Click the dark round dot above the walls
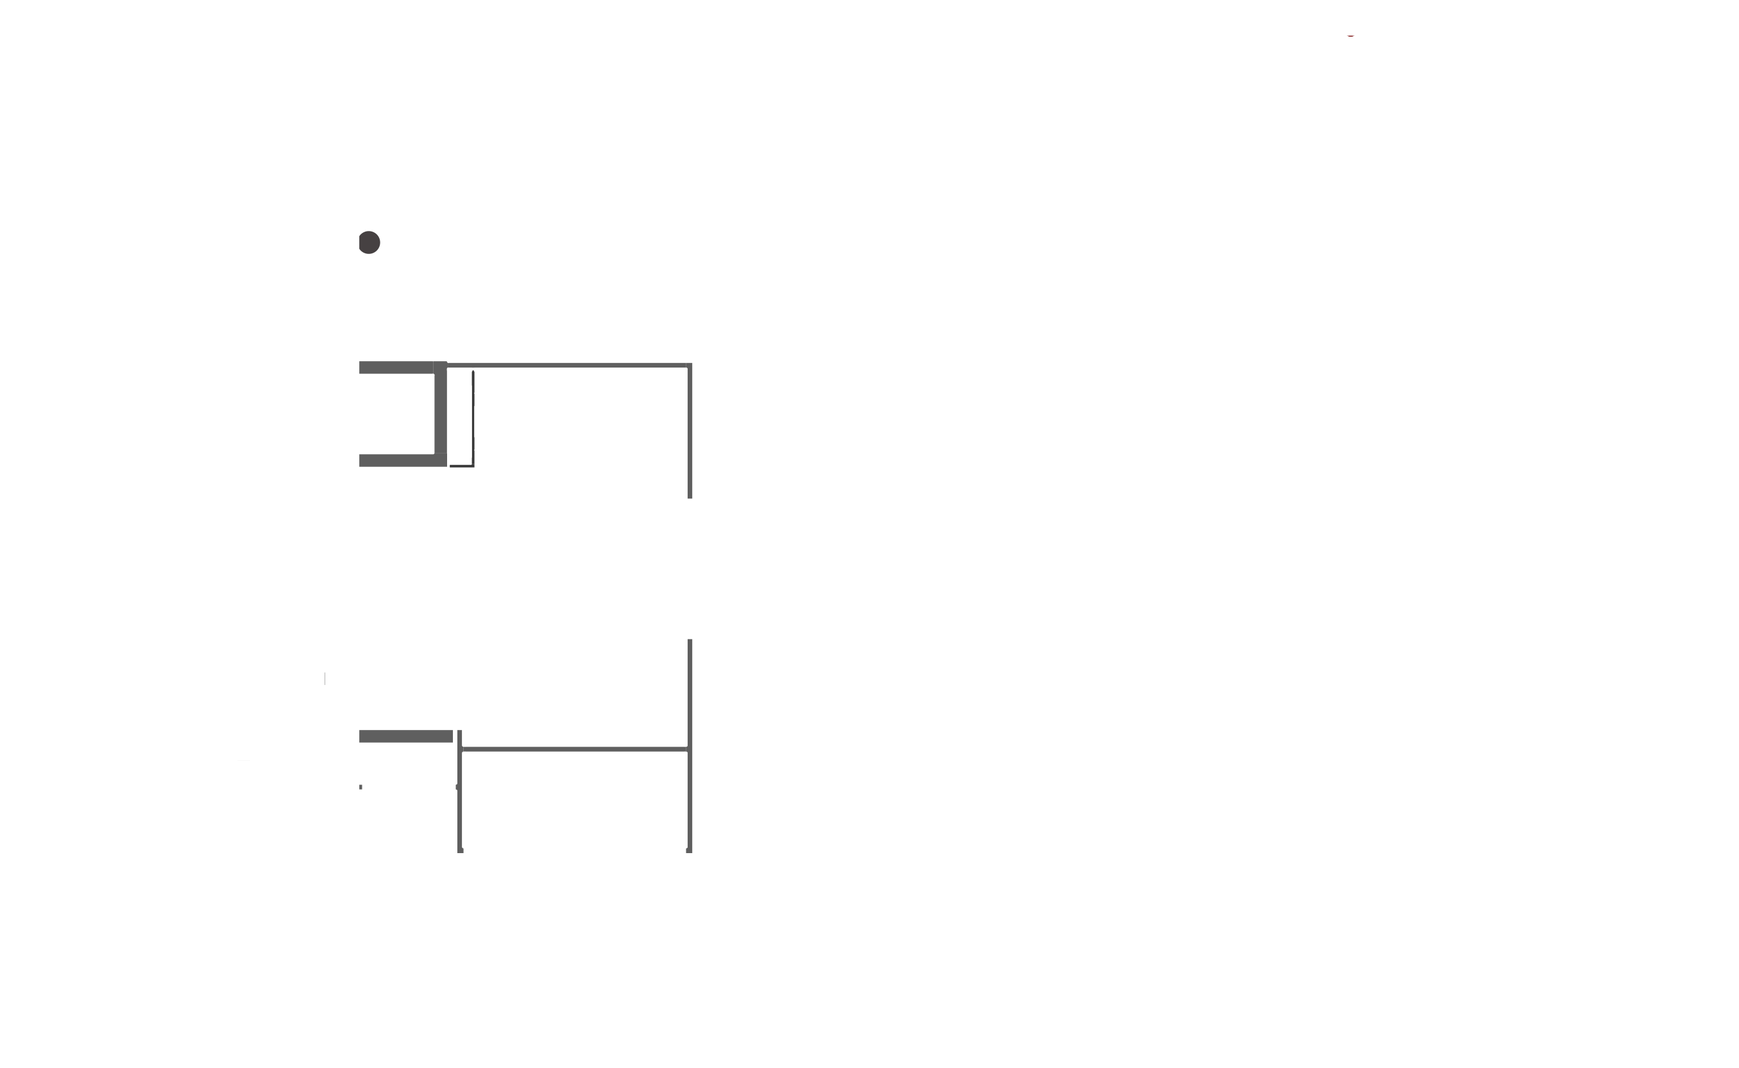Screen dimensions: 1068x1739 point(369,242)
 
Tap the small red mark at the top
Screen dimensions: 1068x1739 point(1350,35)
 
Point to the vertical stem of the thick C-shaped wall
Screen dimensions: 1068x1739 point(441,414)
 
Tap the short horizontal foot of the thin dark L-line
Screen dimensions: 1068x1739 point(461,466)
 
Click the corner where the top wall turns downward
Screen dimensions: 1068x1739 point(690,366)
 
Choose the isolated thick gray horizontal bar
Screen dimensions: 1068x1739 point(405,737)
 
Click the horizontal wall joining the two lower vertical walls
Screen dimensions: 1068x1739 point(574,749)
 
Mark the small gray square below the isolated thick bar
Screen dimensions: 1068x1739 point(361,787)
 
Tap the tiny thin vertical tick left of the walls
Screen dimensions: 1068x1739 point(325,679)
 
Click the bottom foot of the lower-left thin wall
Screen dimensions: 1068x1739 point(461,851)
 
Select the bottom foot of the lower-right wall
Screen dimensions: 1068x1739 point(690,851)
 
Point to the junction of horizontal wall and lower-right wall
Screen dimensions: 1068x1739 point(690,749)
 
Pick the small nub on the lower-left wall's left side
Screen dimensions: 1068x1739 point(457,787)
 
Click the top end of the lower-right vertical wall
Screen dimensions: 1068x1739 point(690,641)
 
